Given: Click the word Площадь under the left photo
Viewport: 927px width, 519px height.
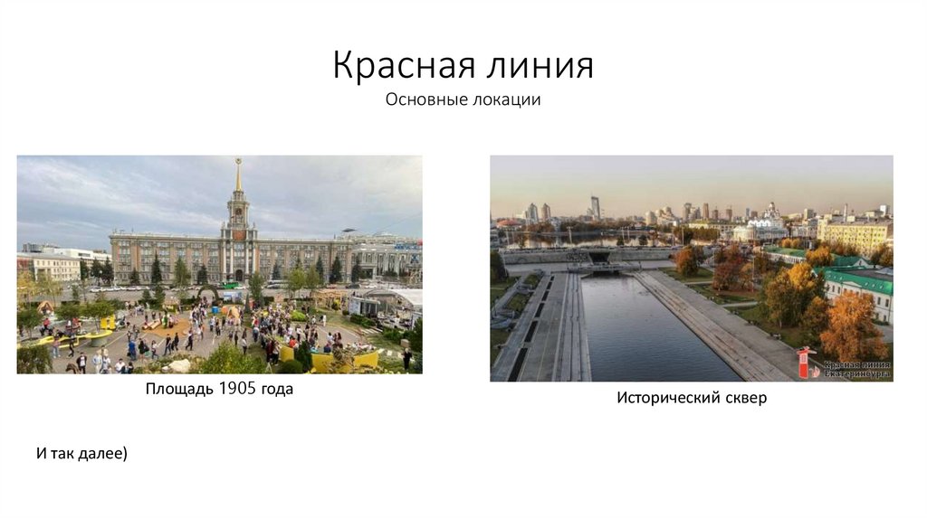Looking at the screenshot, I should point(179,390).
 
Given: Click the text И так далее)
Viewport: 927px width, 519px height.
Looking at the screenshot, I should point(81,452).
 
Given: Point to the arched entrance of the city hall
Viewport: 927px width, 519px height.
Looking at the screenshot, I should point(237,274).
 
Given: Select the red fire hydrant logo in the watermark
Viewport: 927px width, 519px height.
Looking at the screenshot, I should point(805,363).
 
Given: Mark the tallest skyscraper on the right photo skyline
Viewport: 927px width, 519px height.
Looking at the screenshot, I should point(595,206).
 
